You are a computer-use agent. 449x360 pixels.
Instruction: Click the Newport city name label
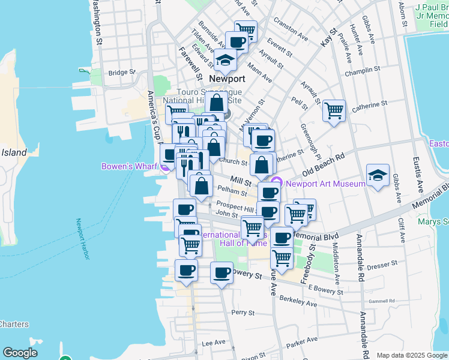click(x=227, y=79)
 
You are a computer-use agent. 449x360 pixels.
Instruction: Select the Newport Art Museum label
click(x=325, y=183)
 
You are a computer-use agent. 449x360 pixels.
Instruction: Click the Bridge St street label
click(x=120, y=73)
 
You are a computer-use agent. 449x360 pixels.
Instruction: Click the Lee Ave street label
click(x=213, y=343)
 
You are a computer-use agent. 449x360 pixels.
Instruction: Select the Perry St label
click(x=243, y=313)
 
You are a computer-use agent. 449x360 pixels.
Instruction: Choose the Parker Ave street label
click(x=301, y=344)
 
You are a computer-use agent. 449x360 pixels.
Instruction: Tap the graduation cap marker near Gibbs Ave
click(x=376, y=175)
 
